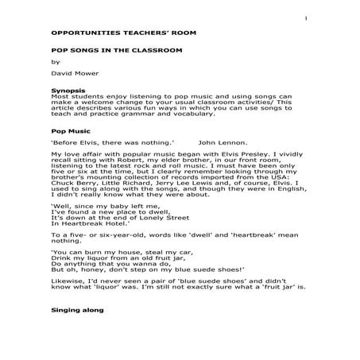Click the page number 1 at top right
click(304, 19)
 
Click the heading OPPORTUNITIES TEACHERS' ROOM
click(105, 36)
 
